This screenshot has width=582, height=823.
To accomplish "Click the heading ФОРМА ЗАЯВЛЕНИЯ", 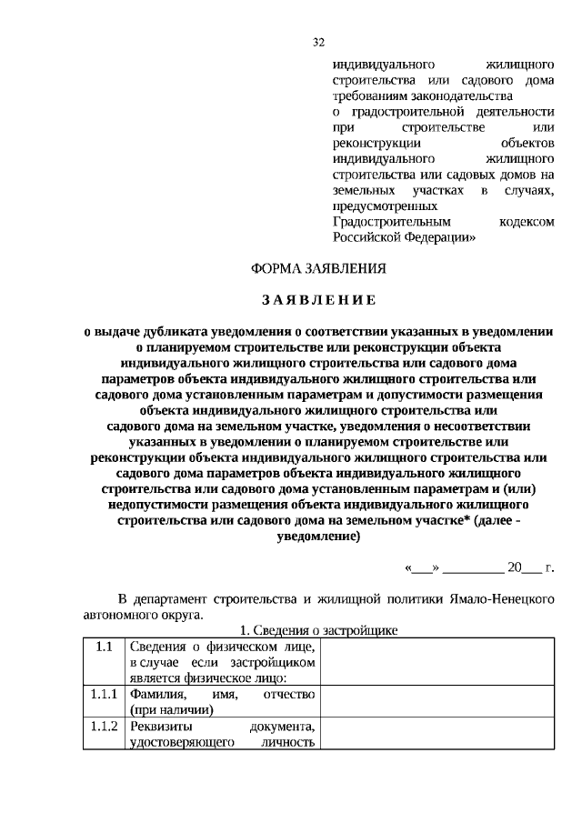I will (318, 268).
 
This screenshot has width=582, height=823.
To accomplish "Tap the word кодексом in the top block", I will (527, 221).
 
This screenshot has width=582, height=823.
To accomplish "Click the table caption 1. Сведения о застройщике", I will (318, 630).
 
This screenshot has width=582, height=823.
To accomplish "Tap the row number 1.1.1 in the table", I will (105, 695).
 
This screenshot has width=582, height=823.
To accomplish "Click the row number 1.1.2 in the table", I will (105, 728).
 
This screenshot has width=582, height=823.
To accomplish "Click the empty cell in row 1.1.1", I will (436, 702).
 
